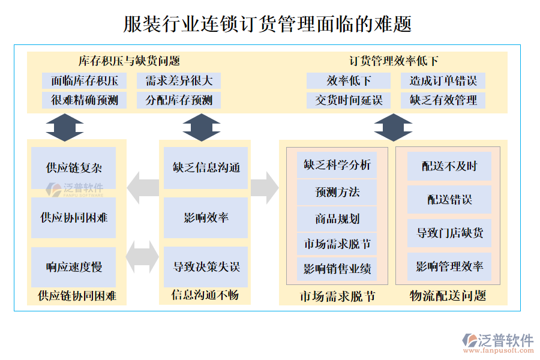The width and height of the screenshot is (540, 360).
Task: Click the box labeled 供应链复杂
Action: [74, 168]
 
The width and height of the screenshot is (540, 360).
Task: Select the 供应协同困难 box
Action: [74, 217]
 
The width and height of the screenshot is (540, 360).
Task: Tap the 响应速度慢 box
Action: [74, 266]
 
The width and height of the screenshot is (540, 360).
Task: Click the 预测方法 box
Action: [337, 192]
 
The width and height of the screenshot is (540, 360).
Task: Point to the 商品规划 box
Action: [337, 219]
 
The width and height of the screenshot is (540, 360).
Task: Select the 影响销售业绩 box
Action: [337, 268]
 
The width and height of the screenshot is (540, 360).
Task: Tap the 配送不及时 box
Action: [449, 166]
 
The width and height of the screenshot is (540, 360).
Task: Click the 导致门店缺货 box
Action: [449, 233]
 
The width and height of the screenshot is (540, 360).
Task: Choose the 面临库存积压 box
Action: [85, 81]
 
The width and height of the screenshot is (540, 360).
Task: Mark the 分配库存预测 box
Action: [179, 100]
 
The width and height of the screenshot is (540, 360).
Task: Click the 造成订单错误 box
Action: [443, 81]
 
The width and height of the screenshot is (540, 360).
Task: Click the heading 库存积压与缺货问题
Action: [130, 61]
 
